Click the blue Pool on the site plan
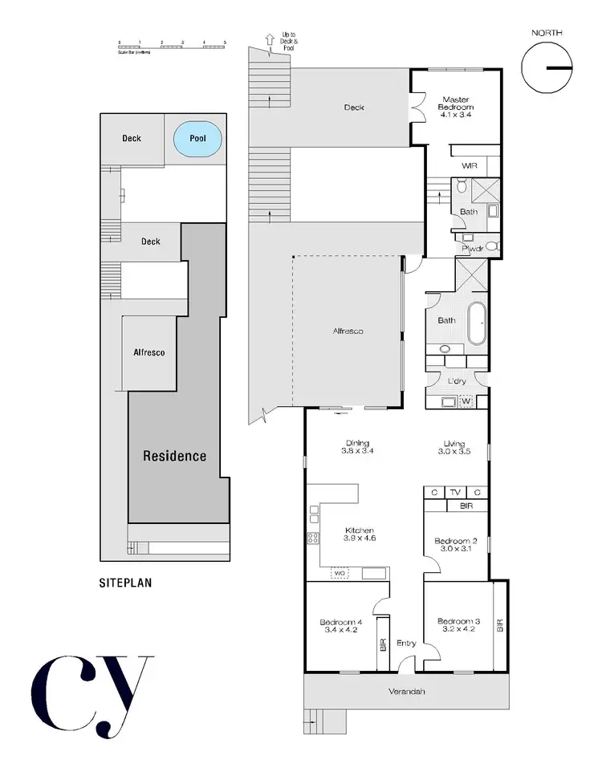click(x=197, y=139)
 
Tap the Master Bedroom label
click(x=455, y=107)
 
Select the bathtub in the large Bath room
click(x=477, y=323)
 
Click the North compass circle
click(x=547, y=67)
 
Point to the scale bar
click(x=172, y=47)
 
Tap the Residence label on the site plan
click(x=174, y=456)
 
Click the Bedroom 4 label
click(x=341, y=627)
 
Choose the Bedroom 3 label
click(x=458, y=625)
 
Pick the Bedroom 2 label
click(x=456, y=545)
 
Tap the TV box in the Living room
click(x=455, y=493)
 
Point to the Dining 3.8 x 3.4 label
click(x=358, y=447)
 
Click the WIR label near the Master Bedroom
click(x=469, y=166)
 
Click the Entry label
click(x=406, y=643)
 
